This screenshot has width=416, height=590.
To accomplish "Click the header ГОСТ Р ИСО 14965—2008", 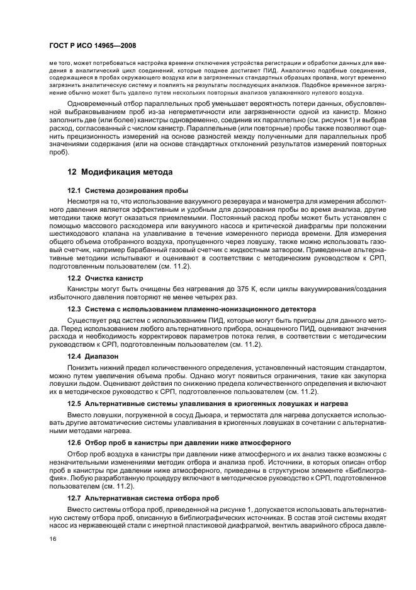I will (x=93, y=46).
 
